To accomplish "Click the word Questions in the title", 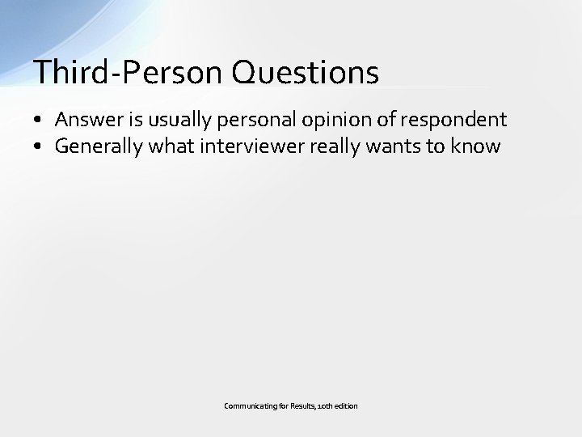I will pos(305,73).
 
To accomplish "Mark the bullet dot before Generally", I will pos(39,147).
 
